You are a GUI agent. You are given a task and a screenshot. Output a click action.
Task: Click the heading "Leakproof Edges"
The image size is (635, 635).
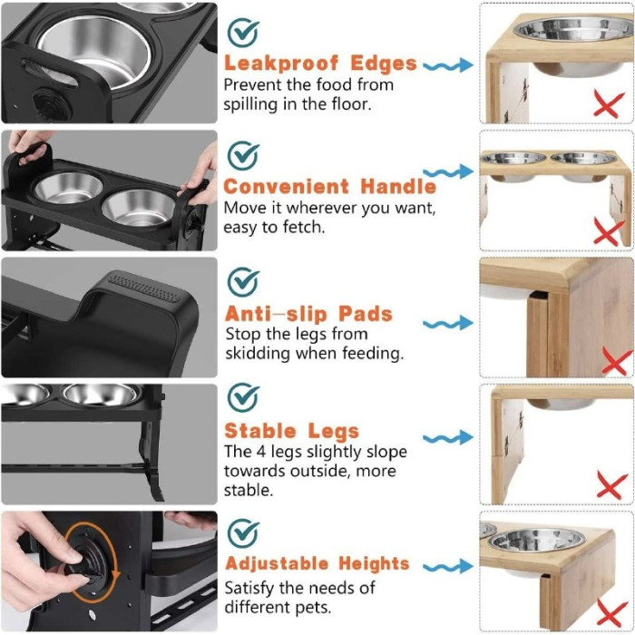click(320, 63)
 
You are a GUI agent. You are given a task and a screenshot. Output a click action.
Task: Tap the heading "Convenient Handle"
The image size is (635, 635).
click(329, 187)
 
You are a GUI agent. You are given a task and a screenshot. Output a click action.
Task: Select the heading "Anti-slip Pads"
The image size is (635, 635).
click(308, 314)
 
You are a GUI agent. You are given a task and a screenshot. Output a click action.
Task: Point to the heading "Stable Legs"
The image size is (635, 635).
click(291, 431)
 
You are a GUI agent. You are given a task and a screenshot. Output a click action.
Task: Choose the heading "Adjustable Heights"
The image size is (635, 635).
click(317, 563)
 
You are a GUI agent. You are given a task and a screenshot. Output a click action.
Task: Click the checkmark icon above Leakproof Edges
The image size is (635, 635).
click(242, 32)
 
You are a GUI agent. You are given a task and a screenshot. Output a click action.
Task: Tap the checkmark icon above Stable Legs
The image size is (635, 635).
click(242, 397)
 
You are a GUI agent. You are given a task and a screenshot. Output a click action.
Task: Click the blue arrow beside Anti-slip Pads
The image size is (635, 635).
click(448, 323)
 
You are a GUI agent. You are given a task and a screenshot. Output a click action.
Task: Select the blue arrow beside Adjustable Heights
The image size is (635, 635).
click(448, 567)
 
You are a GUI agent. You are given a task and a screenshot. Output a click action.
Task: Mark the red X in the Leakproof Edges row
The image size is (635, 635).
click(609, 104)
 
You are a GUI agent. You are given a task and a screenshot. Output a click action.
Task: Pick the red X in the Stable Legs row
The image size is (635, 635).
click(611, 484)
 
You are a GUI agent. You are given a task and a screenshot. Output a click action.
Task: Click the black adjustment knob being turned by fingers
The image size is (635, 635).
click(86, 561)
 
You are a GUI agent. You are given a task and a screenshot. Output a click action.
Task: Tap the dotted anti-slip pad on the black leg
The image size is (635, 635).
click(144, 288)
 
